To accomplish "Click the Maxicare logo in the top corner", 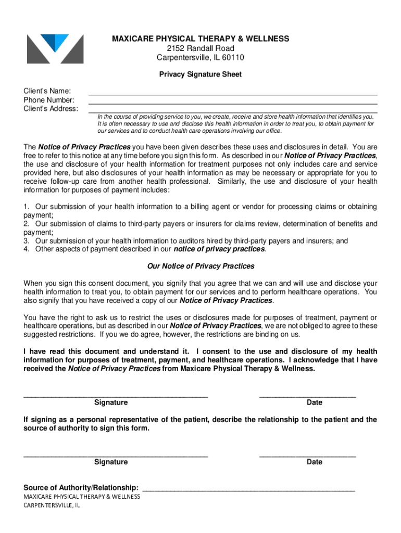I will tap(55, 49).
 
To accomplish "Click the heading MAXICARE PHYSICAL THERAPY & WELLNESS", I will tap(200, 39).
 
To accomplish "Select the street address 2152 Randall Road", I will tap(200, 48).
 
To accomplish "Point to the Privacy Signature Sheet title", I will tap(200, 74).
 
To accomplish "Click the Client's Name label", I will tap(47, 91).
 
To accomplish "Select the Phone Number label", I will tap(49, 100).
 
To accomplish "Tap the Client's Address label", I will tap(51, 109).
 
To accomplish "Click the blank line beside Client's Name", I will tap(233, 94).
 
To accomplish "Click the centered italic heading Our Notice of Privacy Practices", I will tap(200, 266).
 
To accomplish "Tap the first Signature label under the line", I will tap(111, 402).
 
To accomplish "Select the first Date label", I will tap(315, 402).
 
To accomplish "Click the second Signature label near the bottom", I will tap(111, 462).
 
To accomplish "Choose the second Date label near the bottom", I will tap(315, 462).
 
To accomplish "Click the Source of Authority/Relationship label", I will tap(81, 488).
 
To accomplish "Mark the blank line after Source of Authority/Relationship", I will tap(248, 490).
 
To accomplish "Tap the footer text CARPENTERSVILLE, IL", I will tap(52, 505).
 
